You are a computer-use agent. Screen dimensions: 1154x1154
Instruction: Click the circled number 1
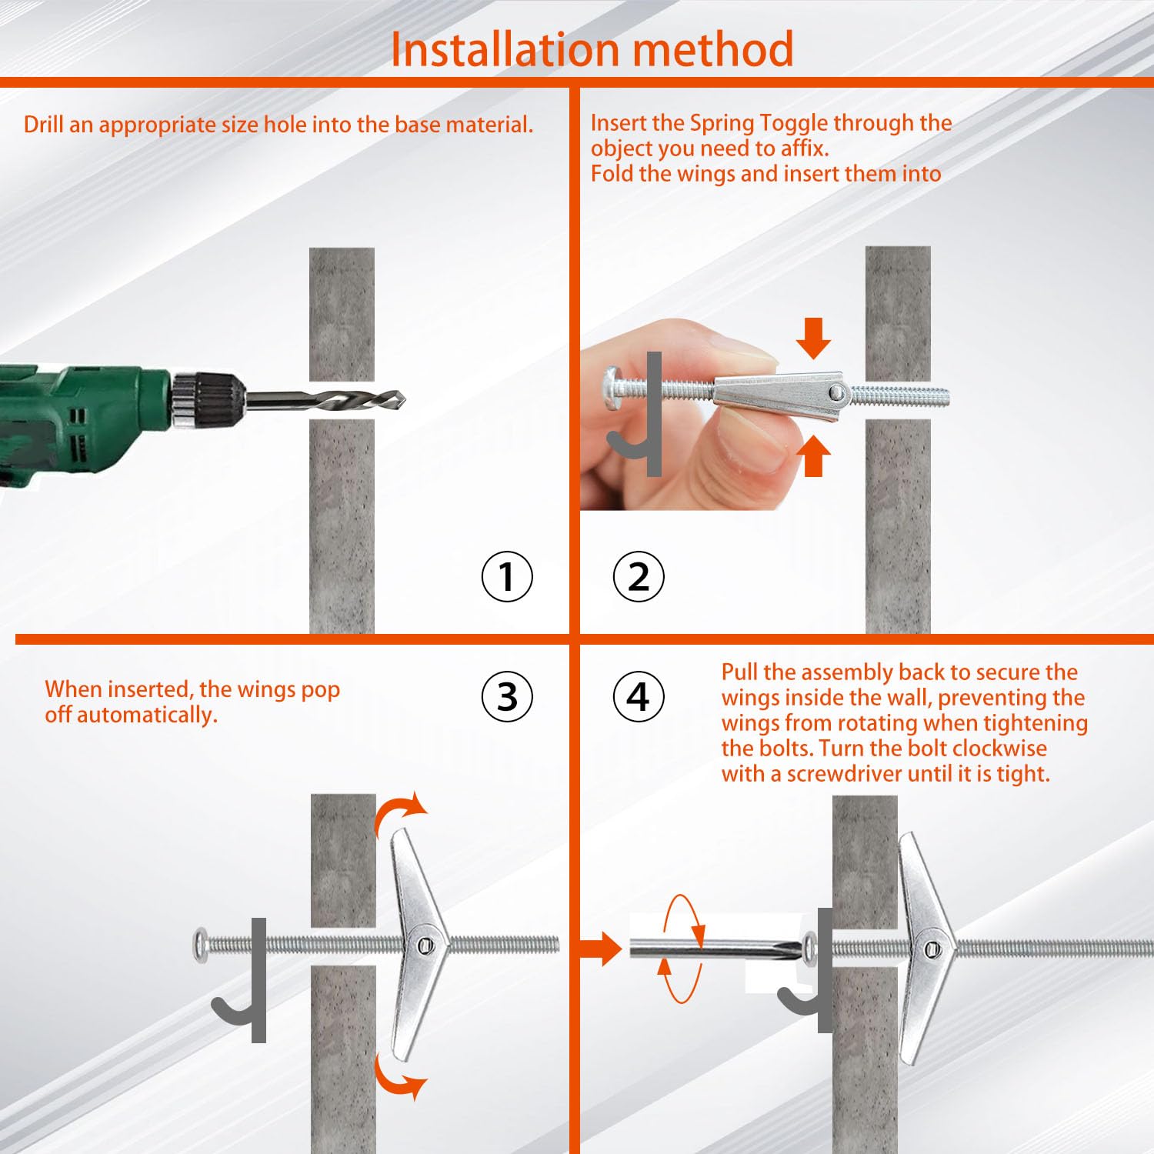[507, 576]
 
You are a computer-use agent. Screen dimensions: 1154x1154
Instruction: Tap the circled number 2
[639, 576]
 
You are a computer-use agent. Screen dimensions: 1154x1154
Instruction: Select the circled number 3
[507, 697]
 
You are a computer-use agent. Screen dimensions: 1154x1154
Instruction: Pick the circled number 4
[639, 697]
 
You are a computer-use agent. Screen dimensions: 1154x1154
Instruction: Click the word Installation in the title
[505, 50]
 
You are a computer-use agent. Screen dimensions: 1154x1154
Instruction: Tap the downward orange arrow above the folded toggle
[813, 338]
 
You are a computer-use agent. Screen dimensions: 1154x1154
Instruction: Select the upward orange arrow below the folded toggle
[813, 456]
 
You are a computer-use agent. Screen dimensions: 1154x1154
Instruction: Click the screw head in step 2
[611, 382]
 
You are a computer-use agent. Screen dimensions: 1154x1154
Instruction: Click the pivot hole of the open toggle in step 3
[425, 945]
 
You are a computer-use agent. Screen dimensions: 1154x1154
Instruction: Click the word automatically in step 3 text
[146, 715]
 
